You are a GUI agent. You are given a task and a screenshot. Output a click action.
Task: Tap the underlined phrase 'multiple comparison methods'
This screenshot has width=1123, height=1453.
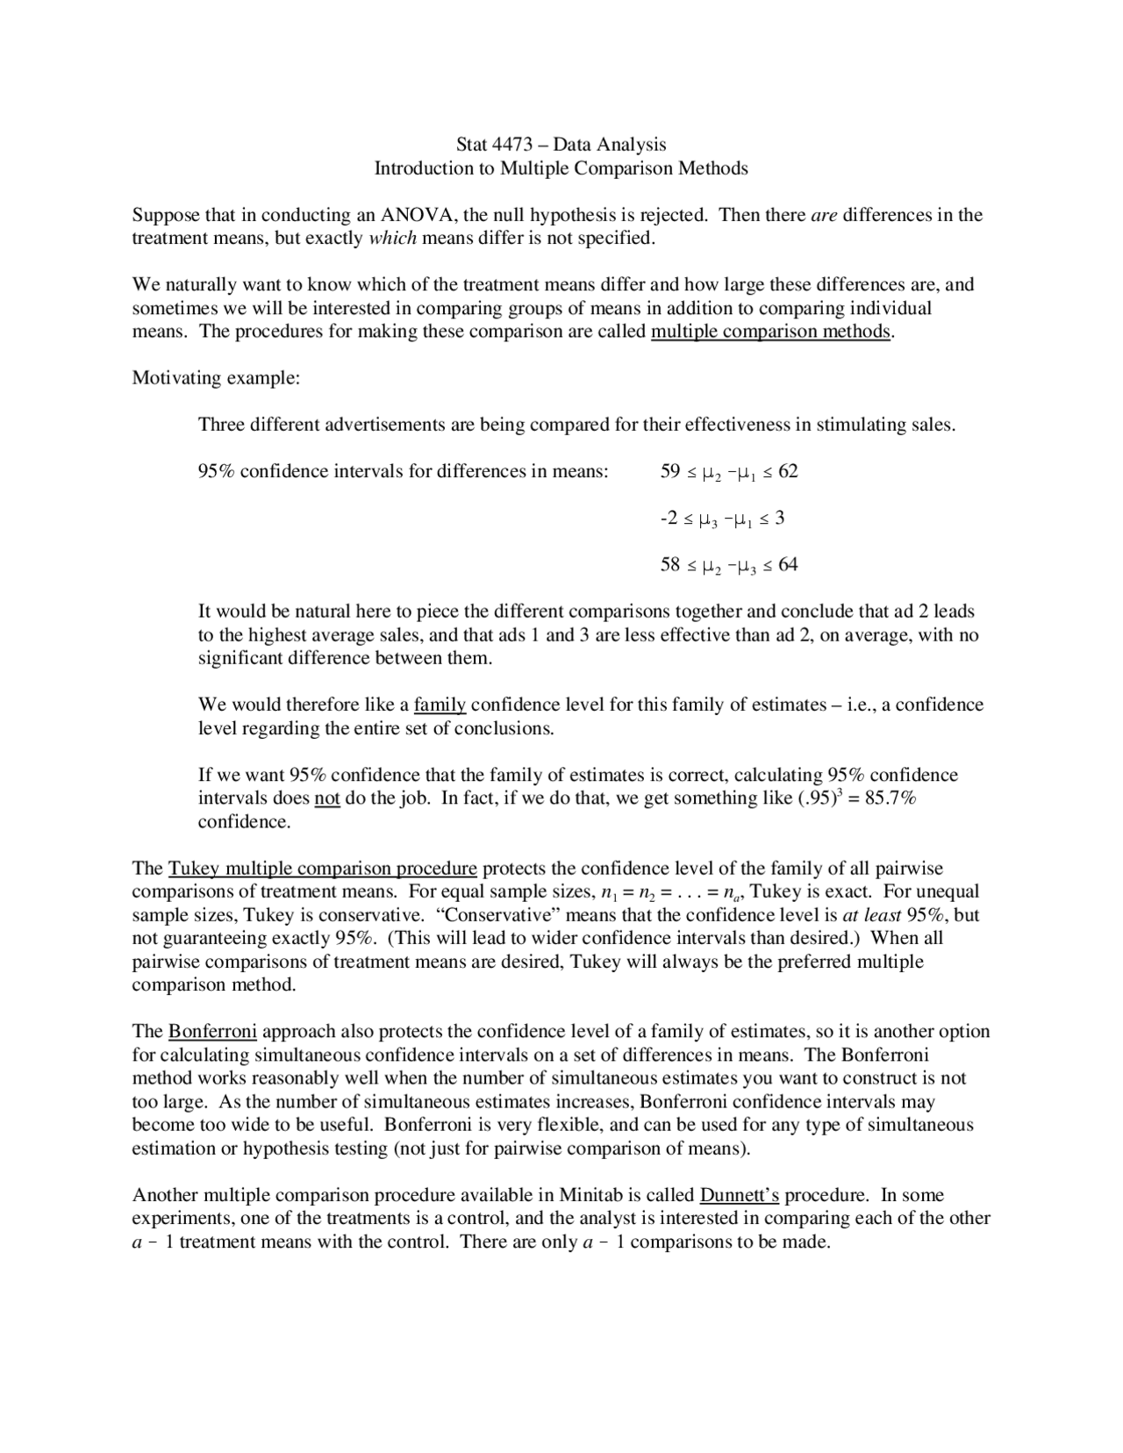coord(770,332)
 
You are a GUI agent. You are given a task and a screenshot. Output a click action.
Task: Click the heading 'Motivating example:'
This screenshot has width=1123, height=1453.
coord(216,378)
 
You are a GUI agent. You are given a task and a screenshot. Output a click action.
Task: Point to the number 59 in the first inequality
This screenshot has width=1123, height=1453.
coord(669,472)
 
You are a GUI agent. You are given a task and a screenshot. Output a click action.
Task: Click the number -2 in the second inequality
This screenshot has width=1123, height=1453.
coord(668,519)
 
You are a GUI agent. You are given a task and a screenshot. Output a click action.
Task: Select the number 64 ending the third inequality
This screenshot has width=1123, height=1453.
coord(788,565)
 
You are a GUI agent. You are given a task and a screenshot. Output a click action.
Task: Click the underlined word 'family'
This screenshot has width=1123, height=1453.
coord(440,705)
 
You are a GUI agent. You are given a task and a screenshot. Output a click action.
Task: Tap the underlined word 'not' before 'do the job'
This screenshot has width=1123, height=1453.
coord(327,798)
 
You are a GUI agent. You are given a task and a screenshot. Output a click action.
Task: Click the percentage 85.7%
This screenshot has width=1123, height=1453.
coord(891,798)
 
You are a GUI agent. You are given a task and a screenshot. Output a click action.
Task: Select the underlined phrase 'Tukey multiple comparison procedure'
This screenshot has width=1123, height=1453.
coord(322,869)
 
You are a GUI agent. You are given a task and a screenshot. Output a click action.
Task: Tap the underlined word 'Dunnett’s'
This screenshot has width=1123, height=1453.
coord(740,1195)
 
